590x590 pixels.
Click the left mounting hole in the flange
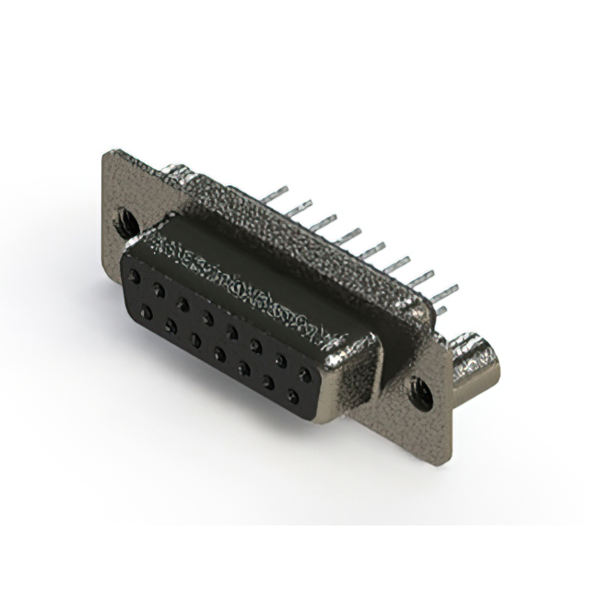point(127,221)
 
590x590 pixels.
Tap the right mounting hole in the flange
point(420,394)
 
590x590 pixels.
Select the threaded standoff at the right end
point(477,363)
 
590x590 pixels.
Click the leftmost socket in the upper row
point(135,277)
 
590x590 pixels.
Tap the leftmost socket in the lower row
point(147,313)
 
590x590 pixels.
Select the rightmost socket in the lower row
point(293,397)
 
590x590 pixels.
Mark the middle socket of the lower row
point(219,354)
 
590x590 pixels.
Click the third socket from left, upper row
point(183,303)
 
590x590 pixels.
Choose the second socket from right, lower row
point(268,383)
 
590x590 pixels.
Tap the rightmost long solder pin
point(443,293)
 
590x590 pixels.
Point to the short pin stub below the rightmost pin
point(440,312)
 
